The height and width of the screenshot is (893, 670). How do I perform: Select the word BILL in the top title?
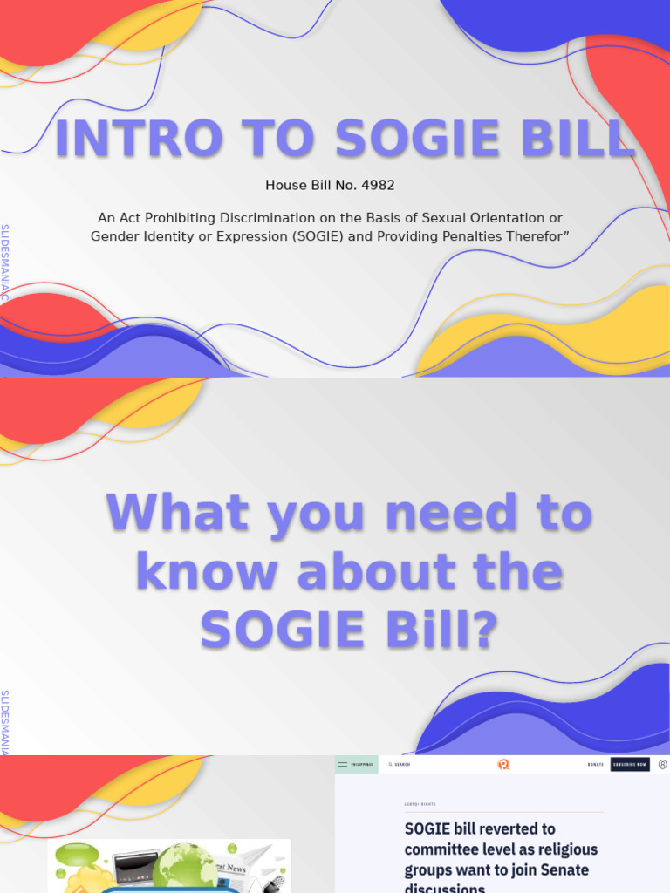[x=583, y=140]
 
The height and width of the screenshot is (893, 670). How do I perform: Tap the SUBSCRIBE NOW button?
[x=630, y=765]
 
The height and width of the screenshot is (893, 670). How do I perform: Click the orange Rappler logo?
[x=503, y=765]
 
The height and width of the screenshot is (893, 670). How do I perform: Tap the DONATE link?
[x=595, y=765]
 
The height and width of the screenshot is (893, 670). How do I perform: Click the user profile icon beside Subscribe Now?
[x=662, y=765]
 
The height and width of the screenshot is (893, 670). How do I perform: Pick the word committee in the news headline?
[x=450, y=849]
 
